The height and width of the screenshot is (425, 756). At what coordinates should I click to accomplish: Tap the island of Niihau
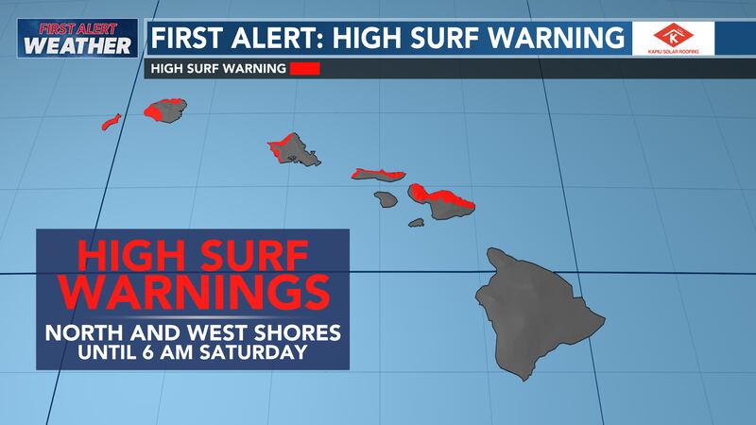[111, 122]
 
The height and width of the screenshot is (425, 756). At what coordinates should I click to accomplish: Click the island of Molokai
[378, 176]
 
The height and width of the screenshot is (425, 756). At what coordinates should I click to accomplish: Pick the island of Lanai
[384, 199]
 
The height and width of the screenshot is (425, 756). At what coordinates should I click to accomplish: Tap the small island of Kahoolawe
[416, 223]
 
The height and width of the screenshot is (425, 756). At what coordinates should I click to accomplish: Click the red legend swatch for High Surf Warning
[305, 68]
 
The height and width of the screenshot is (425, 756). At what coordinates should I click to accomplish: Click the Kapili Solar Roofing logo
[675, 37]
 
